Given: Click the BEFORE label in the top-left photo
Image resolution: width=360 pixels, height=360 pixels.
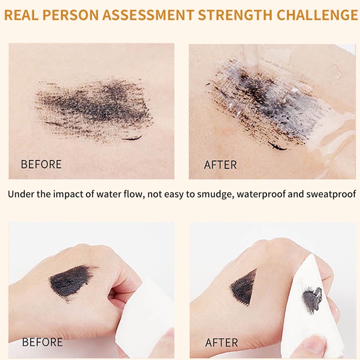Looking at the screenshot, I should click(41, 164).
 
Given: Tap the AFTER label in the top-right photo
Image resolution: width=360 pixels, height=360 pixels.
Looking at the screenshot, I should click(220, 165).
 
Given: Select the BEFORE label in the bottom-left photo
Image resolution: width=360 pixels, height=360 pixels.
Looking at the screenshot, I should click(42, 342).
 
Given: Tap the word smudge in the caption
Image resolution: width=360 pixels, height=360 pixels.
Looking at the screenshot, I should click(215, 194).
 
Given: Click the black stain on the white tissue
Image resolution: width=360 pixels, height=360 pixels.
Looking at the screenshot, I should click(312, 297).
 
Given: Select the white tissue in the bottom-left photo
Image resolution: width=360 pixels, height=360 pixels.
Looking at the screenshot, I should click(139, 315).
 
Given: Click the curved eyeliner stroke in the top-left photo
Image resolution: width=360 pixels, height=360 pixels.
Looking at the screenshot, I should click(132, 138).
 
